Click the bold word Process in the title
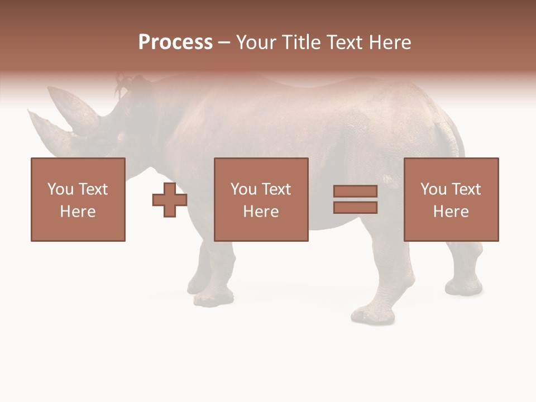coord(175,42)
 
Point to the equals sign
coord(355,199)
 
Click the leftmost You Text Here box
coord(78,199)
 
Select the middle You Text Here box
coord(261,199)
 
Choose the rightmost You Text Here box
coord(451,199)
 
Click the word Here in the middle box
coord(261,212)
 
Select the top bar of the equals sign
coord(355,192)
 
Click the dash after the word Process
coord(224,43)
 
